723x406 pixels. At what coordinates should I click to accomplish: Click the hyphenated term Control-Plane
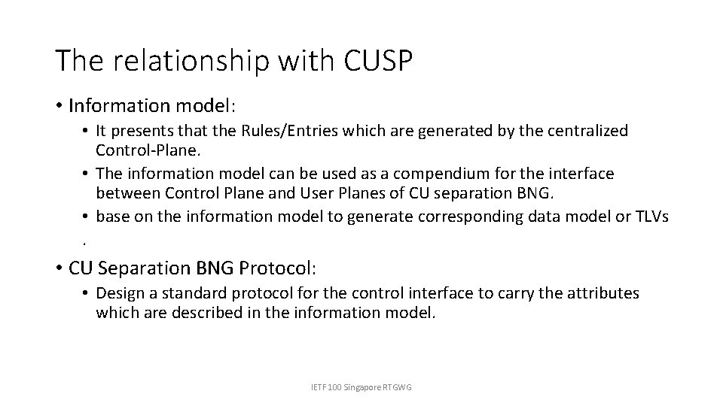141,150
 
